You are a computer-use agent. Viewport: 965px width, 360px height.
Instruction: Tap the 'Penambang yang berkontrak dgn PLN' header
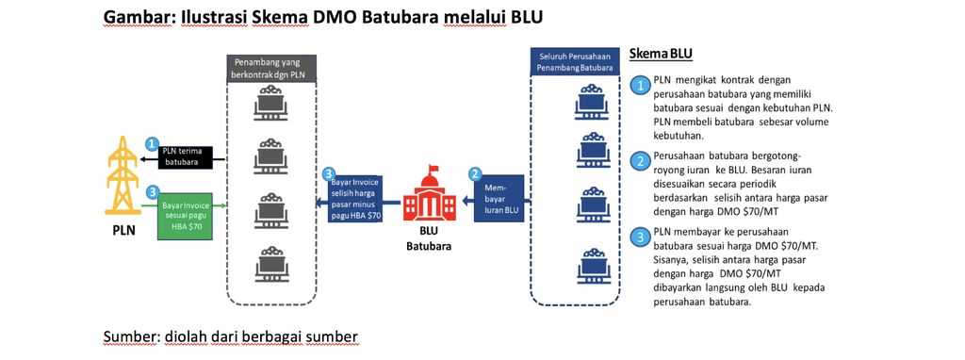pyautogui.click(x=271, y=69)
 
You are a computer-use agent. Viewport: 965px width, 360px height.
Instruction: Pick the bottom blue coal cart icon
pyautogui.click(x=590, y=263)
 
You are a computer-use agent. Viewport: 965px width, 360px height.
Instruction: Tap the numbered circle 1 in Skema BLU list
pyautogui.click(x=641, y=86)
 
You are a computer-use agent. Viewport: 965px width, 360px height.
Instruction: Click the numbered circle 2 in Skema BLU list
pyautogui.click(x=641, y=161)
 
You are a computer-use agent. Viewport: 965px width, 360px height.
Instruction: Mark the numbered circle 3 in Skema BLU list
pyautogui.click(x=641, y=236)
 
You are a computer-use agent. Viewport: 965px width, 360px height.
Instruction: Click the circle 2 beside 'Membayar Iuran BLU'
pyautogui.click(x=476, y=173)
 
